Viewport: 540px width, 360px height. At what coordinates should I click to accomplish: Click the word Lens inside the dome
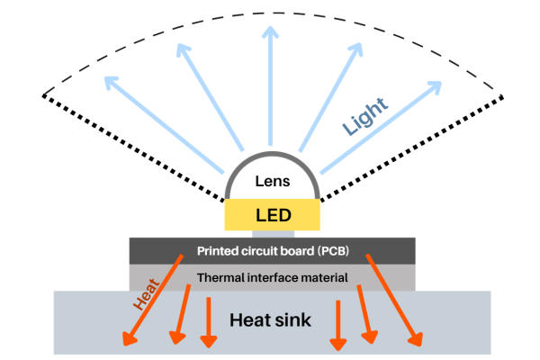(x=272, y=181)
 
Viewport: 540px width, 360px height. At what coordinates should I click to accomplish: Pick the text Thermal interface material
(x=272, y=278)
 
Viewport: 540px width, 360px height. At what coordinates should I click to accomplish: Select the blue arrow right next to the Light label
(x=376, y=140)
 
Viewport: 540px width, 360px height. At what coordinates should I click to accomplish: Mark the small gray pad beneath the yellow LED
(x=272, y=233)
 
